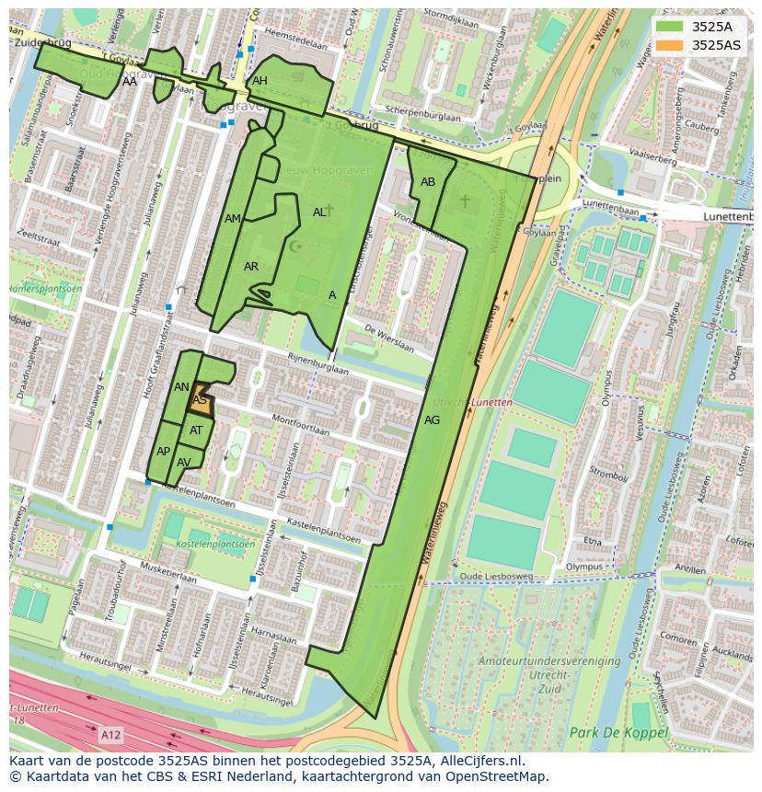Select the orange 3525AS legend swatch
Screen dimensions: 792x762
click(669, 45)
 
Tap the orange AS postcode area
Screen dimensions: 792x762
click(201, 401)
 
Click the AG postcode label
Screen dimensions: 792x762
click(432, 420)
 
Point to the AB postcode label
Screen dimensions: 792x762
click(428, 182)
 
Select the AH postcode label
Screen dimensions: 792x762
click(260, 81)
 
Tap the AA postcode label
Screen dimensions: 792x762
click(130, 82)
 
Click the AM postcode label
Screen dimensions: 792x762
click(233, 219)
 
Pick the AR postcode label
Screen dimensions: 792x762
click(251, 267)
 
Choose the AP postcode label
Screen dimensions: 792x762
click(163, 452)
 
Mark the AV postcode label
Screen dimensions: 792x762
click(184, 463)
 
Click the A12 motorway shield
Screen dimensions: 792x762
click(110, 735)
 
